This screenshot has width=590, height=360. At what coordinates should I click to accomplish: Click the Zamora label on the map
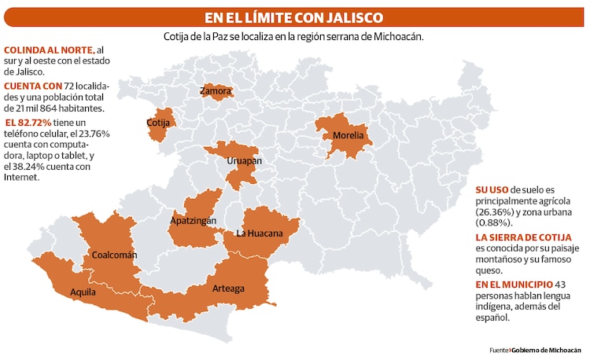pos(216,92)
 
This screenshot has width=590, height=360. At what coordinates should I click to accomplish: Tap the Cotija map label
pos(159,123)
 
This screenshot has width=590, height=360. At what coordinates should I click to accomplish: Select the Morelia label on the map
pos(348,135)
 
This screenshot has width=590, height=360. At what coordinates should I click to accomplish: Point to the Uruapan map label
pos(244,161)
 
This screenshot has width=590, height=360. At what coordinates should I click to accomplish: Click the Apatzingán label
pos(193,222)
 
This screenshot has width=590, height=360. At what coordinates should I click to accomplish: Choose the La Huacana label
pos(260,233)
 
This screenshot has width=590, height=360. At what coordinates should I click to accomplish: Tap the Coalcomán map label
pos(114,255)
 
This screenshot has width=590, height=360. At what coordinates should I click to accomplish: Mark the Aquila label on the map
pos(83,292)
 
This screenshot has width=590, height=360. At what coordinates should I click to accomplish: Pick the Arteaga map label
pos(228,288)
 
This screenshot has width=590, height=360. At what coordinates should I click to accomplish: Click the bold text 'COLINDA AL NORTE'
pos(42,51)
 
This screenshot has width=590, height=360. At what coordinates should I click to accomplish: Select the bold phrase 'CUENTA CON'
pos(29,85)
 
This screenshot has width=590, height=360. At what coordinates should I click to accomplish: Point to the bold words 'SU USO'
pos(492,190)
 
